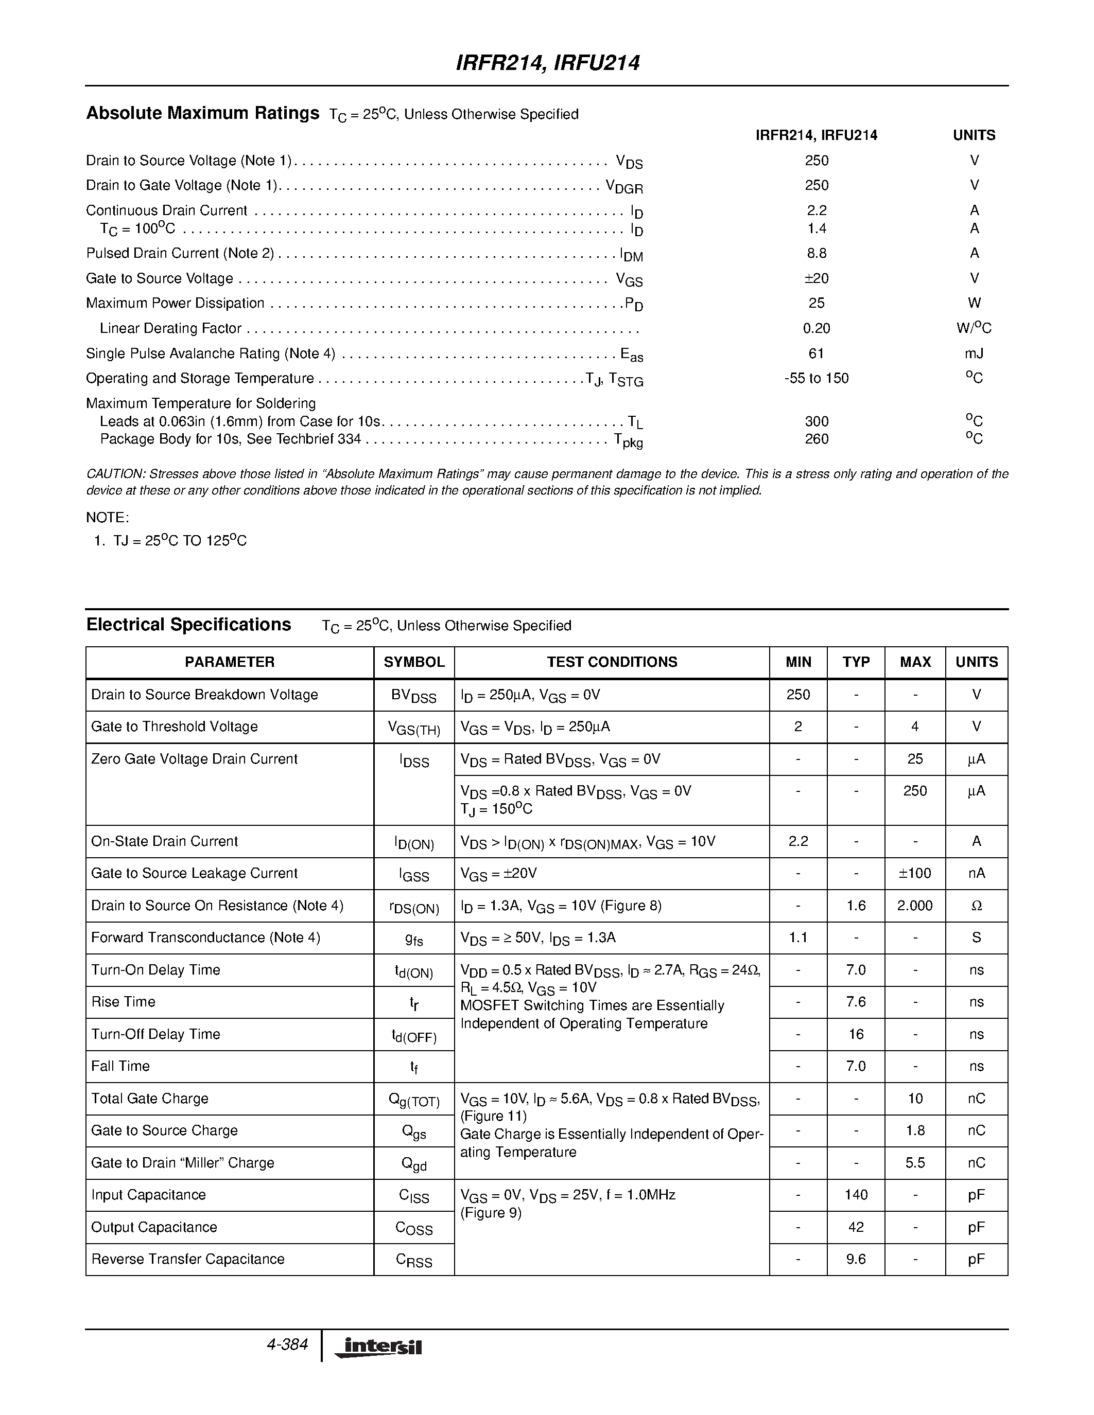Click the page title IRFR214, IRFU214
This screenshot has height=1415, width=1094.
click(x=548, y=63)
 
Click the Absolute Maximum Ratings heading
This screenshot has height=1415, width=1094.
click(x=202, y=113)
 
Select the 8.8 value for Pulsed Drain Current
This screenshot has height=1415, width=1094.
click(x=816, y=253)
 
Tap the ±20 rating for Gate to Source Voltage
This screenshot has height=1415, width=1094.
click(x=816, y=278)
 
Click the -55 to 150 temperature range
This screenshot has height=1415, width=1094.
click(x=816, y=378)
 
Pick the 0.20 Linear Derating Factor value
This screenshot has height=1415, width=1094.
click(x=816, y=328)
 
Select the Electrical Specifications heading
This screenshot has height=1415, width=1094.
click(x=188, y=625)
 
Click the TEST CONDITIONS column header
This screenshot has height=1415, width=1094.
click(x=612, y=662)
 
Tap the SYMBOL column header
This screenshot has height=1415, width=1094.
click(x=413, y=662)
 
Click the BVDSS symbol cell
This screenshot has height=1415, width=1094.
click(x=413, y=696)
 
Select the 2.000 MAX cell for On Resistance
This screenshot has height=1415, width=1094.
click(x=914, y=906)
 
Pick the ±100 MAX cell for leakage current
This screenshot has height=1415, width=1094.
click(x=914, y=873)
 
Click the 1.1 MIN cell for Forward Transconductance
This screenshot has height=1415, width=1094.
click(x=798, y=938)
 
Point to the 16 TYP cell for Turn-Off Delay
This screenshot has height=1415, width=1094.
click(x=856, y=1035)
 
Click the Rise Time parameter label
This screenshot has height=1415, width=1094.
click(x=123, y=1002)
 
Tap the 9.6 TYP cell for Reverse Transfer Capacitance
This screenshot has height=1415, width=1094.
click(x=856, y=1260)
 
